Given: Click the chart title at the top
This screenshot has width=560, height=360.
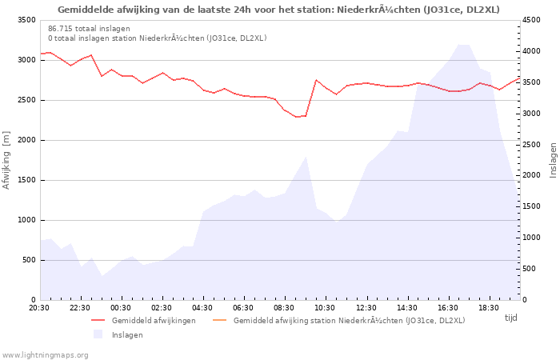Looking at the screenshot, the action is coord(278,10).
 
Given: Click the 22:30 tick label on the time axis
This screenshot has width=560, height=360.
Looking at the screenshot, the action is coord(80,308).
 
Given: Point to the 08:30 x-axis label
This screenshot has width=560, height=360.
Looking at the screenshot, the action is coord(284,308).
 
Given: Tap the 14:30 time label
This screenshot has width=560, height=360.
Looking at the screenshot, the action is coord(406,308).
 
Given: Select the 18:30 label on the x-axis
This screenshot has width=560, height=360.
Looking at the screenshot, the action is coord(489,308).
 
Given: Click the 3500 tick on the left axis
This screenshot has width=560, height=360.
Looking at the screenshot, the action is coord(27,20).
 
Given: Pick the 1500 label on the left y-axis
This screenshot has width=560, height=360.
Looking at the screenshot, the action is coord(27,180).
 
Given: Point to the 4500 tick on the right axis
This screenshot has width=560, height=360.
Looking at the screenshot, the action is coord(531,20).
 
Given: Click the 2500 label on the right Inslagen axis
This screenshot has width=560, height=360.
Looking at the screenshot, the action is coord(531,145).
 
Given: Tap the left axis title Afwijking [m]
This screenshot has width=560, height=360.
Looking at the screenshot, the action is coord(6,160).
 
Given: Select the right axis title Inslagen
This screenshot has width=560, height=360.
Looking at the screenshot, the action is coord(553,160).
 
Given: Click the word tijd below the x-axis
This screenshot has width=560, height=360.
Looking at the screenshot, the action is coord(511,318).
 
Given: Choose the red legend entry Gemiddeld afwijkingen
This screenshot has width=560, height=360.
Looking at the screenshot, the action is coord(154,320).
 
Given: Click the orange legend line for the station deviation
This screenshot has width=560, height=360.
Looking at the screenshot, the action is coord(220,320).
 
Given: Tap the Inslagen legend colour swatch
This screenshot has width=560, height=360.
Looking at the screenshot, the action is coord(98,334).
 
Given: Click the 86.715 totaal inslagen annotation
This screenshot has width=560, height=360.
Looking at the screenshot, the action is coord(89,29).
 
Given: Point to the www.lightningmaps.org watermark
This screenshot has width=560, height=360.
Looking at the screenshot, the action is coord(44,355).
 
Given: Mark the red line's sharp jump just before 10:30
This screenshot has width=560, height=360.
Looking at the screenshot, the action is coord(311,98).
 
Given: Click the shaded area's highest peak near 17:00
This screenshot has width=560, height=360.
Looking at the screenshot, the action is coord(463,45).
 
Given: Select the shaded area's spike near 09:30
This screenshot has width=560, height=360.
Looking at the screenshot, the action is coord(306,157).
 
